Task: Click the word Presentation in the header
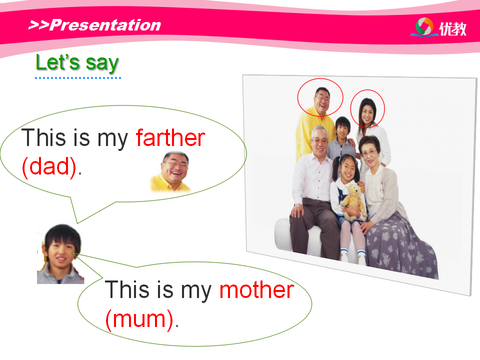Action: pyautogui.click(x=105, y=25)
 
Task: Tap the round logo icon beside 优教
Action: pyautogui.click(x=424, y=26)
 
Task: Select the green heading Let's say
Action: pyautogui.click(x=77, y=63)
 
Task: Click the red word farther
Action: pyautogui.click(x=170, y=138)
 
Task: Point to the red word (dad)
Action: pyautogui.click(x=49, y=167)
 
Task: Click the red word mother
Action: pyautogui.click(x=257, y=289)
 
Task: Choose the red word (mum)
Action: pyautogui.click(x=139, y=319)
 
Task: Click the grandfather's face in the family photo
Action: pyautogui.click(x=320, y=142)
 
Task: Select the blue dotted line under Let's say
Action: pyautogui.click(x=78, y=78)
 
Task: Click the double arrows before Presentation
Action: pyautogui.click(x=38, y=25)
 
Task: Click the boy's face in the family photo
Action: pyautogui.click(x=343, y=129)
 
